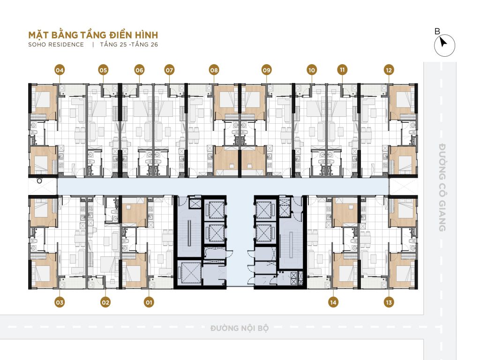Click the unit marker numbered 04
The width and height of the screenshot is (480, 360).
(x=60, y=70)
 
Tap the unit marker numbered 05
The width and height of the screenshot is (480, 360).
(x=103, y=70)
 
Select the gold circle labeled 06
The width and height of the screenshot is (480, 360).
(x=139, y=70)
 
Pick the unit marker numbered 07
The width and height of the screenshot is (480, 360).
(x=169, y=70)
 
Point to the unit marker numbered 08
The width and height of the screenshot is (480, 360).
(x=214, y=70)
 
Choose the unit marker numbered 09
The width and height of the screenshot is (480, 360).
(x=267, y=70)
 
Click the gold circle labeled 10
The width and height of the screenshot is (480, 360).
(x=312, y=70)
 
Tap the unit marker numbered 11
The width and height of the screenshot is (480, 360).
(x=342, y=70)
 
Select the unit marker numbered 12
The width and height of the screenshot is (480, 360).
(x=389, y=70)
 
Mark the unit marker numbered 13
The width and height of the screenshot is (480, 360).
(x=389, y=302)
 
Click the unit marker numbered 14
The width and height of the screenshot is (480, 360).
(x=333, y=302)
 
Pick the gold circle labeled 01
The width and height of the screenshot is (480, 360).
(x=149, y=302)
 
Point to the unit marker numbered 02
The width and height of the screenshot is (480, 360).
(x=105, y=302)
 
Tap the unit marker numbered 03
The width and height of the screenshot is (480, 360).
(x=60, y=302)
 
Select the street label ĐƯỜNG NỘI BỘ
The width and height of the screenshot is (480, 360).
(x=240, y=328)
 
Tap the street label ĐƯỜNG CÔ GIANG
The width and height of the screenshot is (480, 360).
(x=442, y=187)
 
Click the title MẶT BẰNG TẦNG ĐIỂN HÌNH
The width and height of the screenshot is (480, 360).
(x=93, y=35)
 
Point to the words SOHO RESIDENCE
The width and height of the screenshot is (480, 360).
(x=56, y=45)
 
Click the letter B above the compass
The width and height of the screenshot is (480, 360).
(x=437, y=31)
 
